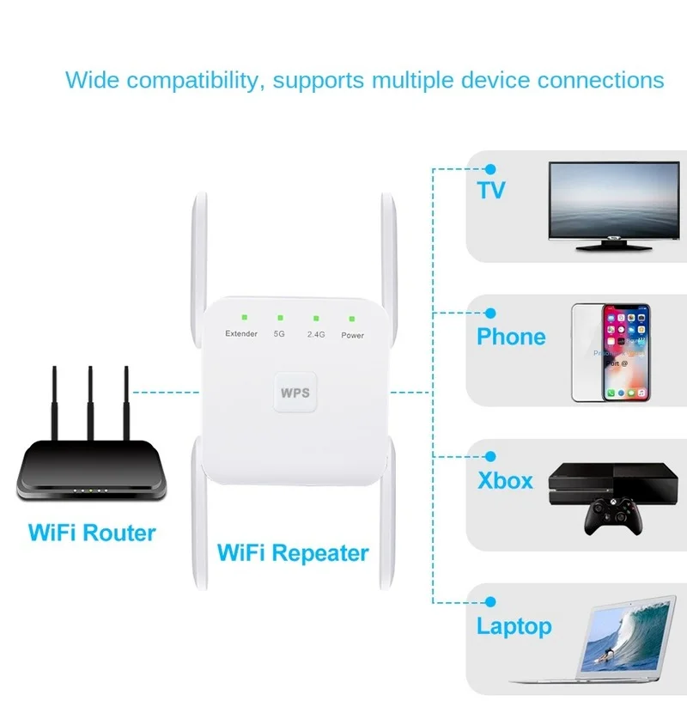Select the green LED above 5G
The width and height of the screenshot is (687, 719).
pos(279,318)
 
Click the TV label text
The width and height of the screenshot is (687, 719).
pos(491,189)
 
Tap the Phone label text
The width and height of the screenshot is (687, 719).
pos(511,336)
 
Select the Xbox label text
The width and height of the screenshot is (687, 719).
pos(505,480)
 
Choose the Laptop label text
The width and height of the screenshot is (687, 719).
pos(514,625)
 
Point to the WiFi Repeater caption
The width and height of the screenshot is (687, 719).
pos(293,552)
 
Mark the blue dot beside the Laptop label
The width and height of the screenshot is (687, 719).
pos(491,603)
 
